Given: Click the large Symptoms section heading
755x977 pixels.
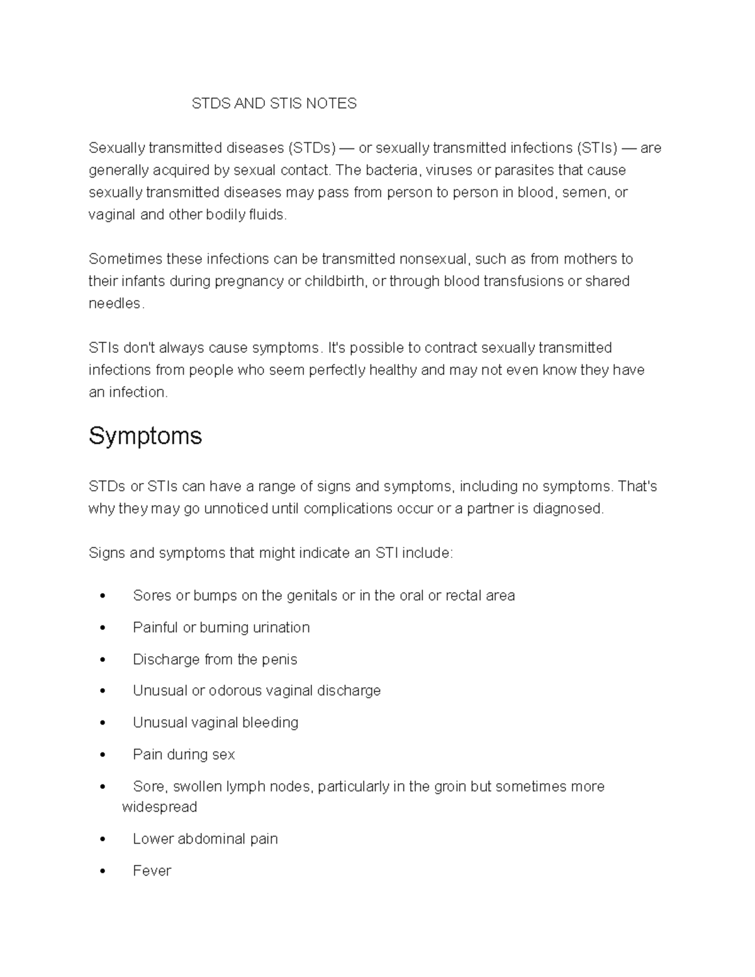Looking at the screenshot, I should click(145, 436).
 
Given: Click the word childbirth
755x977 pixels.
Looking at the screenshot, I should click(335, 281).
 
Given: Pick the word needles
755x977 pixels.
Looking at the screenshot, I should click(115, 303).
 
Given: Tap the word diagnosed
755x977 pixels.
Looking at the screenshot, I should click(568, 509).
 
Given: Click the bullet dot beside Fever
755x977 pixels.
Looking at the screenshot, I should click(103, 872).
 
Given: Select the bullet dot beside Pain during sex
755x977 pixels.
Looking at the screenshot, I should click(103, 756).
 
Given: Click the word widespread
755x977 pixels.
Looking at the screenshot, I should click(159, 807).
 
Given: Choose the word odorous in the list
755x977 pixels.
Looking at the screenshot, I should click(235, 691).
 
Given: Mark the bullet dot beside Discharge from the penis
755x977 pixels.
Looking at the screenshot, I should click(103, 661).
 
